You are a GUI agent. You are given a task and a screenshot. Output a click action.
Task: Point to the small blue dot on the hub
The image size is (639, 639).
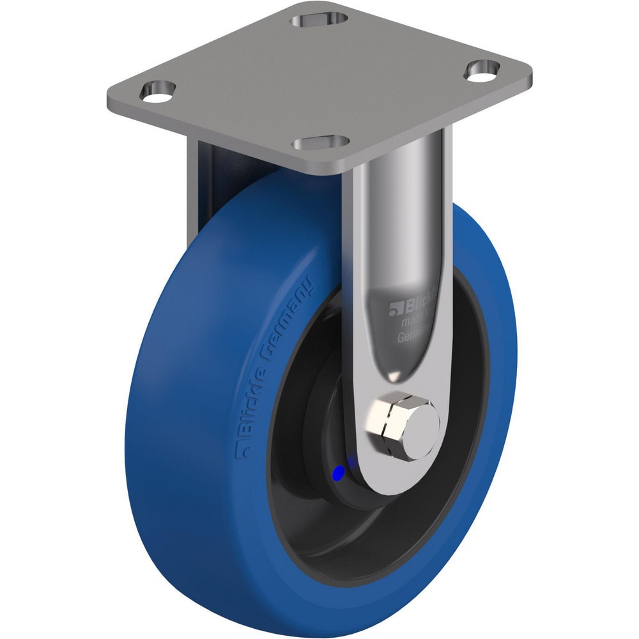coord(339,472)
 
